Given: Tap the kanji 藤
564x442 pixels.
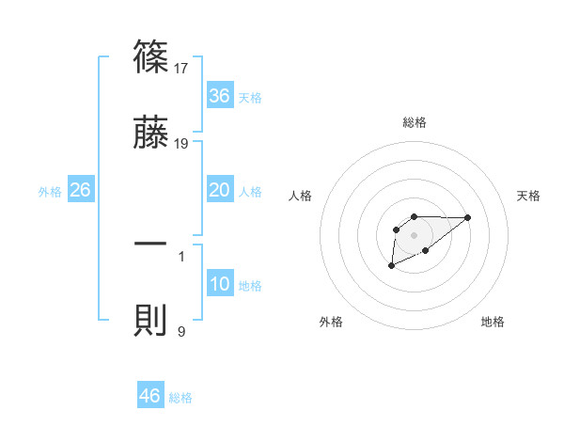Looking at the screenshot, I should (x=151, y=133).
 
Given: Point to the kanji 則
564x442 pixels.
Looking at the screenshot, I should (x=151, y=321).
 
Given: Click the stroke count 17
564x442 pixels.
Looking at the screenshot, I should (x=182, y=68).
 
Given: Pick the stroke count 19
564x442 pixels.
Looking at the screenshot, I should (x=182, y=143).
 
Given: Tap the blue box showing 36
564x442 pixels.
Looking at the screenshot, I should (x=220, y=96).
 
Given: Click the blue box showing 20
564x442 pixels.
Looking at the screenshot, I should (x=220, y=190).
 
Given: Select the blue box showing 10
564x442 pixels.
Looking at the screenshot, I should (x=220, y=284).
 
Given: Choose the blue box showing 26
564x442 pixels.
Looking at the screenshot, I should (x=81, y=190).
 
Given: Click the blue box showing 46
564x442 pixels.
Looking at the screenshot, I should (x=150, y=396).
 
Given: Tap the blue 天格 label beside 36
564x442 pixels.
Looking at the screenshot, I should (x=250, y=98).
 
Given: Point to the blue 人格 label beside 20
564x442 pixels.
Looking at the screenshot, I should (x=250, y=192).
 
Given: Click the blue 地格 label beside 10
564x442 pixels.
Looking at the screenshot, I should (x=250, y=286).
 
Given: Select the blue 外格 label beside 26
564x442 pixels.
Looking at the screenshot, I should (x=50, y=192).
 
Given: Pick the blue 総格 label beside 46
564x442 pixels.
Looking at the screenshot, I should (x=180, y=398).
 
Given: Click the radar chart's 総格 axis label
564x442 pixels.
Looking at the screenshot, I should (x=414, y=122).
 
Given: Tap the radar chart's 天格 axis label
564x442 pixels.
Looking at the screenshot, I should (x=529, y=196).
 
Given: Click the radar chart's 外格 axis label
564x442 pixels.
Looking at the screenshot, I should (x=331, y=322).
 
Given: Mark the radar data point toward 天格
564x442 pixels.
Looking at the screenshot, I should (x=468, y=217).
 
